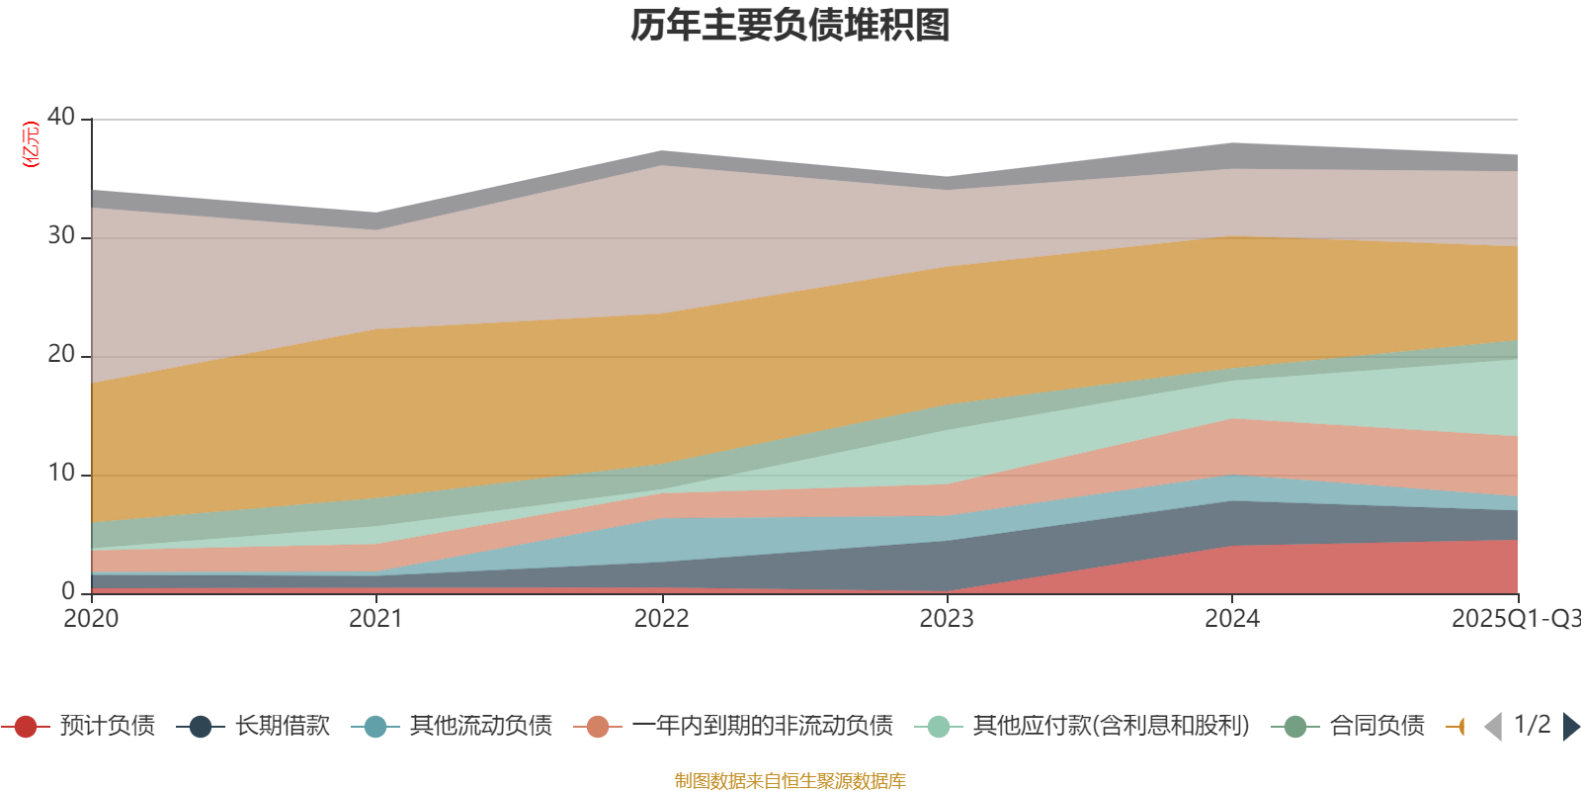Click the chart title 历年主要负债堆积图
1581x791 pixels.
click(x=790, y=26)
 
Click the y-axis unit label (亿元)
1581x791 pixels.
click(x=32, y=144)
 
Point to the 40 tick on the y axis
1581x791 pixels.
click(x=61, y=117)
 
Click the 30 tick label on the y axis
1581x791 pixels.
click(x=61, y=235)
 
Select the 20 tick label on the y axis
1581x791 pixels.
click(x=61, y=354)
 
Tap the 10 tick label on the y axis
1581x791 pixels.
click(x=61, y=473)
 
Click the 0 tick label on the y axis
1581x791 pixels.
click(x=67, y=591)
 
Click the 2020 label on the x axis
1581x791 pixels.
click(x=91, y=618)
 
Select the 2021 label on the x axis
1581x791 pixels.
click(x=375, y=618)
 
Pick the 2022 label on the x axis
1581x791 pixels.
click(x=661, y=618)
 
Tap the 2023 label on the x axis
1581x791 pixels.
click(x=947, y=618)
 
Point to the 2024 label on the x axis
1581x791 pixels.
click(x=1231, y=618)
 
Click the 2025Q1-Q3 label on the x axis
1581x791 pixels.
click(x=1514, y=618)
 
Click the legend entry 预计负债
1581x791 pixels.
click(x=107, y=726)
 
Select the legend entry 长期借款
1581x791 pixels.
click(x=282, y=726)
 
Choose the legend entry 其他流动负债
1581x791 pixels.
click(x=480, y=726)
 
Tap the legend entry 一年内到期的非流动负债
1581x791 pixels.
click(x=762, y=726)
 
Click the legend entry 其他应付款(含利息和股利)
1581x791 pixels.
click(x=1111, y=726)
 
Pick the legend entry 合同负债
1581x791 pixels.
click(x=1376, y=726)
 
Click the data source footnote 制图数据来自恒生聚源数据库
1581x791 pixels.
click(x=790, y=781)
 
